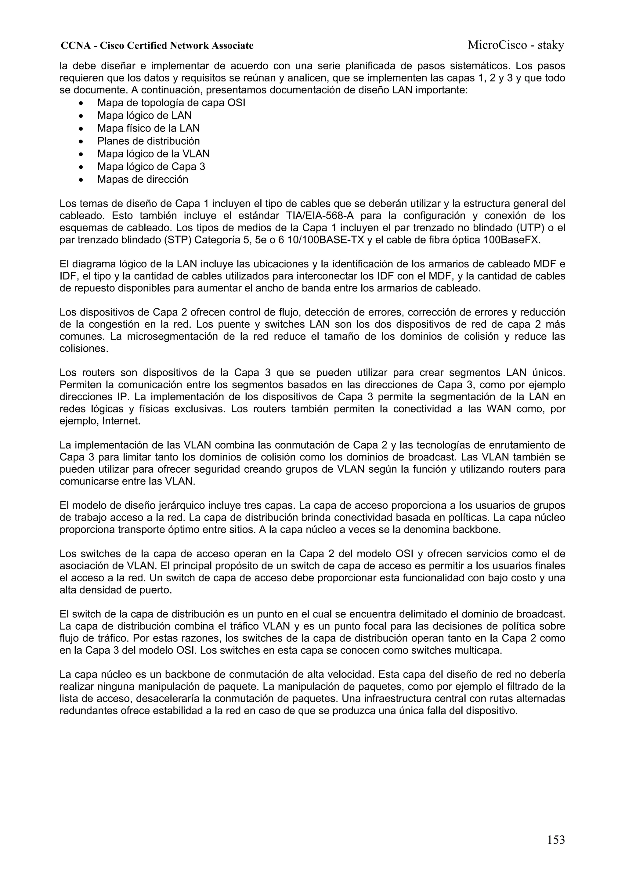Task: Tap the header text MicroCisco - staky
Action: tap(515, 45)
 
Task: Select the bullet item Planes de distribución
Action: tap(148, 141)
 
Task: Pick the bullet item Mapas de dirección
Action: tap(143, 179)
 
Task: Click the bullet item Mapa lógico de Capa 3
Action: tap(151, 167)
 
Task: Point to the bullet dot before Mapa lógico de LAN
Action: tap(81, 116)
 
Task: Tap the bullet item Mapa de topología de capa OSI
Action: tap(171, 103)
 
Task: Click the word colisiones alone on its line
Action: tap(84, 349)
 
